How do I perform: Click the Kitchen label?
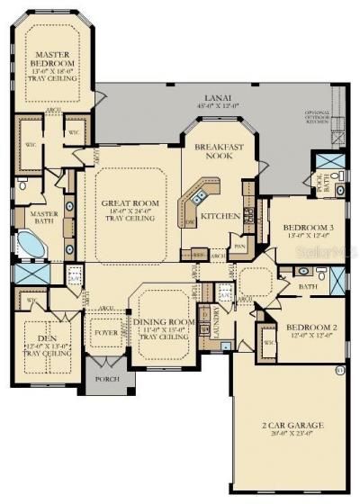[220, 216]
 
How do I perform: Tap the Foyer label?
[106, 331]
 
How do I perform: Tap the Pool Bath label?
[320, 184]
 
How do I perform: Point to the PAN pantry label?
[238, 245]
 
